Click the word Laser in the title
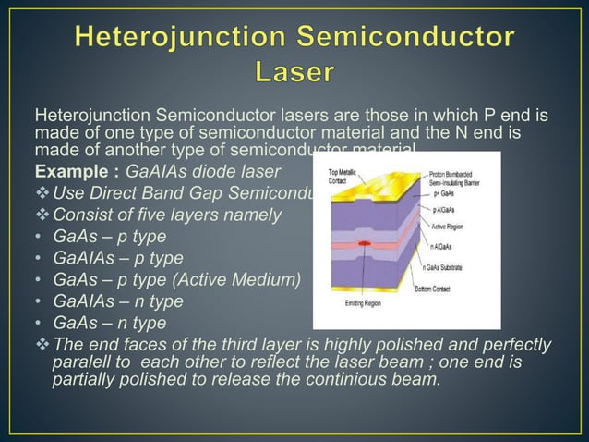[x=294, y=71]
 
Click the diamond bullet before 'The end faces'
[x=42, y=345]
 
